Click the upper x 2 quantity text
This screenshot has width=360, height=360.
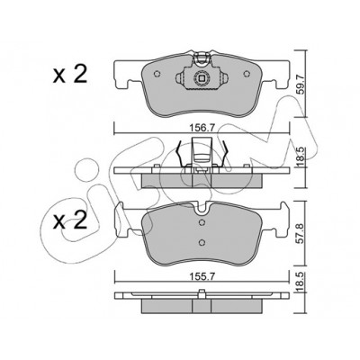coord(70,75)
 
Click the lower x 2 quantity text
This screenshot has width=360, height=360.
coord(70,221)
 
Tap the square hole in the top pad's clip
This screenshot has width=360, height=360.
coord(202,78)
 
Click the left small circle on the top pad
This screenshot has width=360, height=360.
coord(157,74)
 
